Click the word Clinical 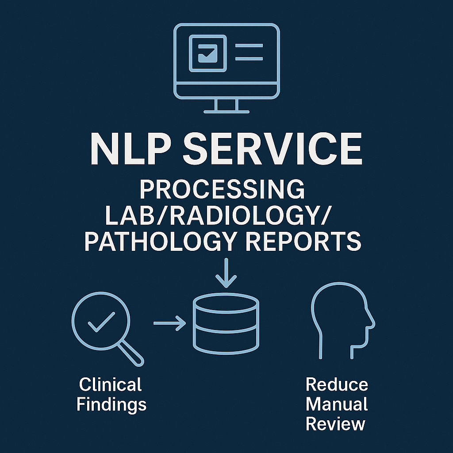tap(111, 384)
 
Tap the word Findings tap(111, 404)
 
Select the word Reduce tap(337, 384)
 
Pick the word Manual tap(337, 404)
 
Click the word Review tap(336, 424)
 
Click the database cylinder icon tap(226, 322)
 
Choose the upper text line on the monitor tap(249, 45)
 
